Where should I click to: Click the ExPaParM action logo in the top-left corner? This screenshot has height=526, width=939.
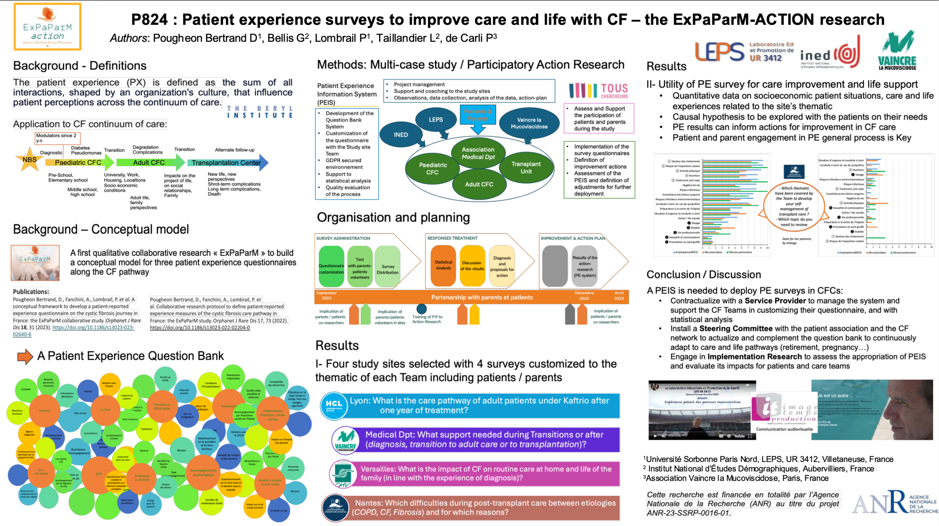click(47, 26)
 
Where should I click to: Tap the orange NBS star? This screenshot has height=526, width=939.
click(29, 160)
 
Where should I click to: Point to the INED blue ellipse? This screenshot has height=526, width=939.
click(401, 135)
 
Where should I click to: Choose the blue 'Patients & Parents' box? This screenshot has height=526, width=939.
click(478, 115)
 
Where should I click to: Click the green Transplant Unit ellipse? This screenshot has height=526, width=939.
click(526, 168)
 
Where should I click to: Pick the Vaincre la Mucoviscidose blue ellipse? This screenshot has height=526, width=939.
click(529, 123)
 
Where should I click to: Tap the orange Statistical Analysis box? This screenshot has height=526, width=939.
click(443, 265)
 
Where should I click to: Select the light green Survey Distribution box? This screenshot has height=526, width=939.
click(387, 266)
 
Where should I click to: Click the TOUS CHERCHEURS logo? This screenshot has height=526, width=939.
click(598, 91)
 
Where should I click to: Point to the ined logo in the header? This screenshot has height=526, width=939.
click(830, 55)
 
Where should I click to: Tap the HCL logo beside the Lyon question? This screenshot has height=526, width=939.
click(333, 405)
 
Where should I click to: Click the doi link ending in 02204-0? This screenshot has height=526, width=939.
click(200, 328)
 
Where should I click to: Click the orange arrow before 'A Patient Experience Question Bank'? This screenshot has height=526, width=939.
click(25, 356)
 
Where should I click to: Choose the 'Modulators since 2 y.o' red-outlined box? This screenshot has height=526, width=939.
click(58, 138)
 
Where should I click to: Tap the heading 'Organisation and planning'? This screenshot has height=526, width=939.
click(393, 218)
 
